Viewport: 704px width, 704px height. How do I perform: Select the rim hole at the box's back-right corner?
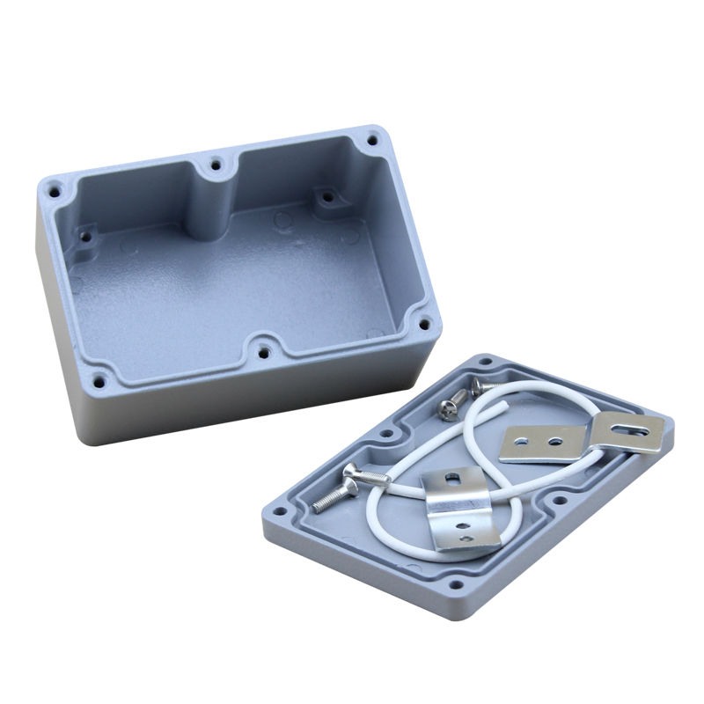[373, 138]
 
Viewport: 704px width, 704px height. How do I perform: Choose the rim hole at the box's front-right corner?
[423, 323]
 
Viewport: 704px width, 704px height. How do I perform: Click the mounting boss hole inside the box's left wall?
[87, 235]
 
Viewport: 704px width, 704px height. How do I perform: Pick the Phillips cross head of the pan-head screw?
[448, 407]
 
